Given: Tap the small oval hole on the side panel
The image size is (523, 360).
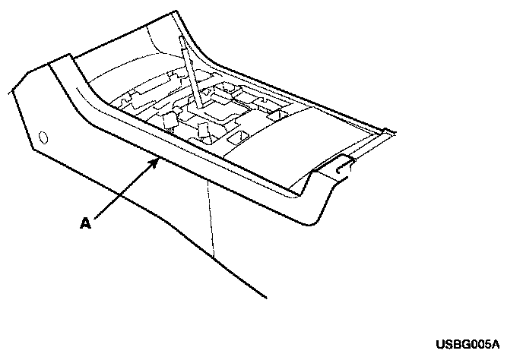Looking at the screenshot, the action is (42, 137).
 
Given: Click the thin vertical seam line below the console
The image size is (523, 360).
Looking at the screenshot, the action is (211, 220).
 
